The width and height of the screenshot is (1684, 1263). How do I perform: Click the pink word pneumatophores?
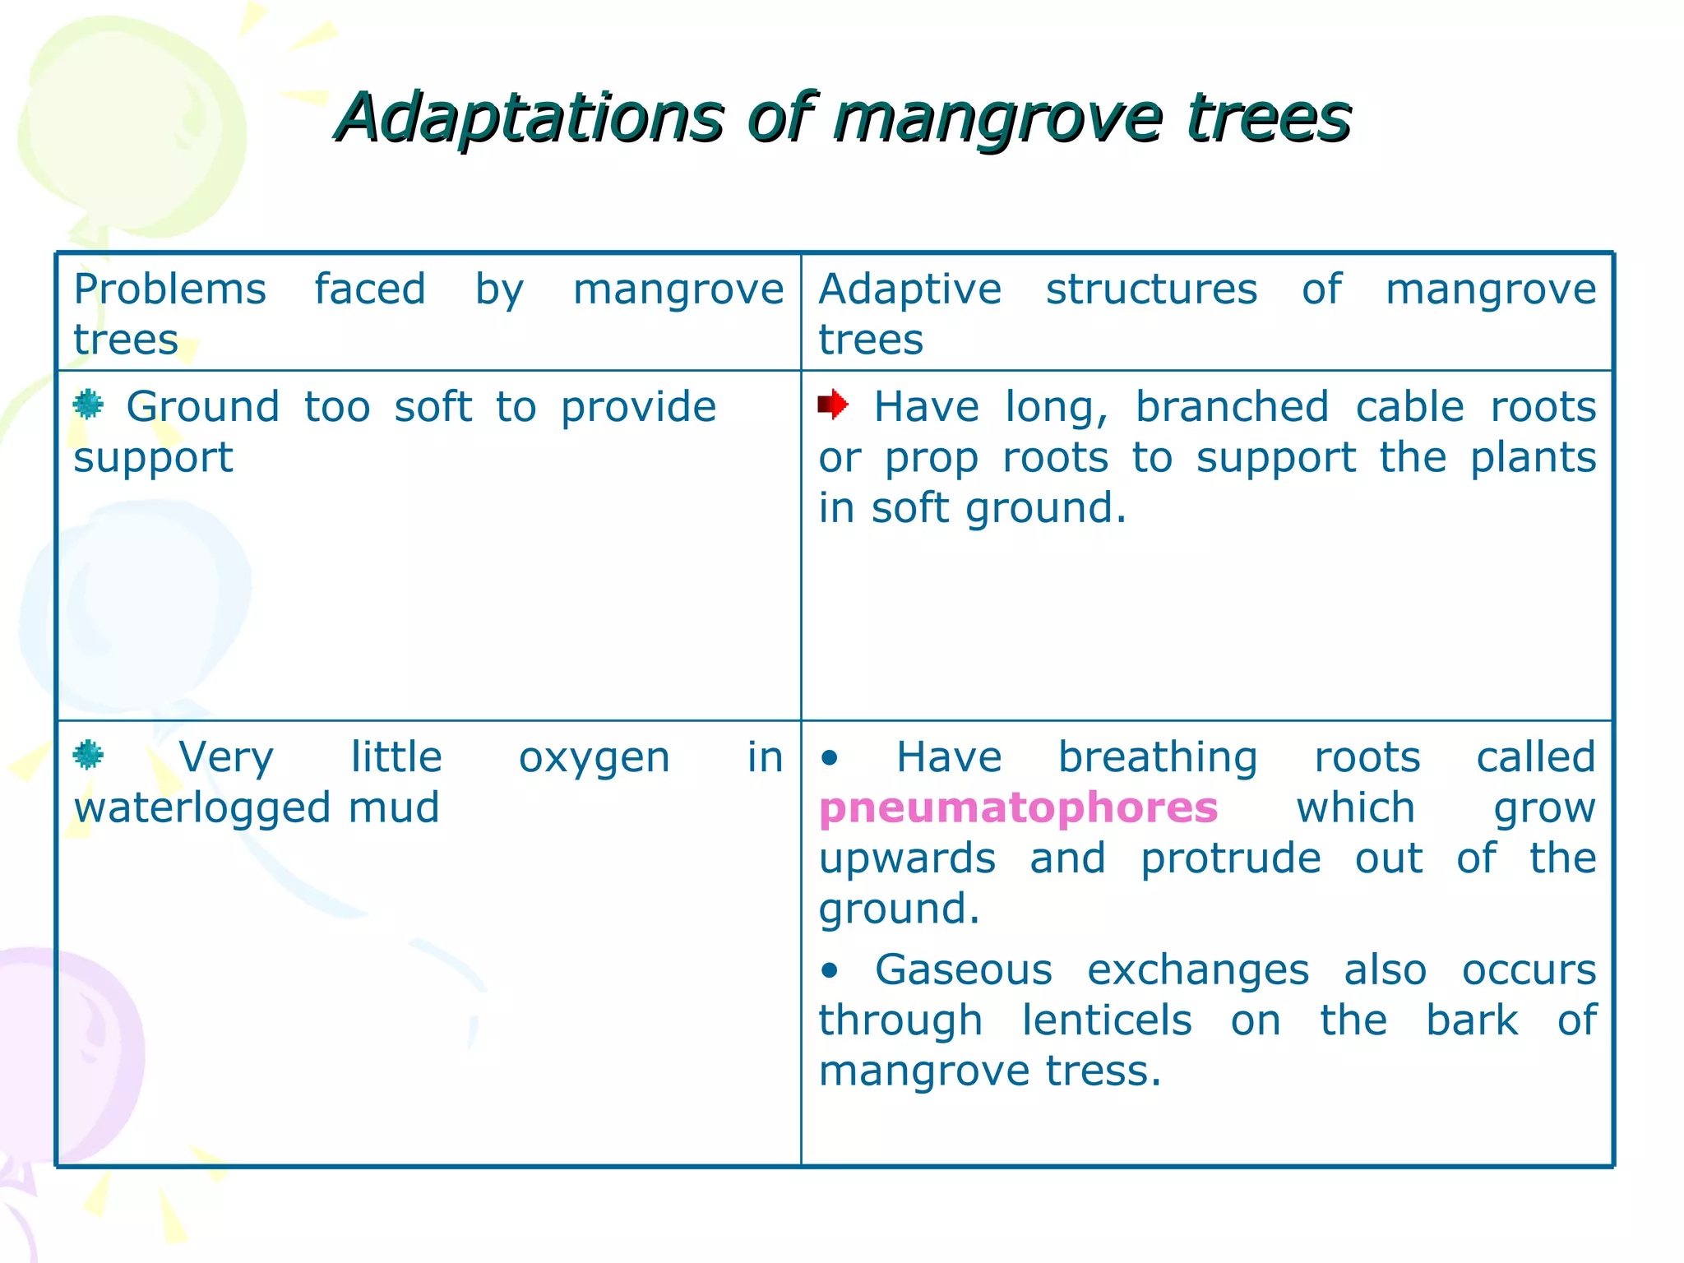tap(1018, 808)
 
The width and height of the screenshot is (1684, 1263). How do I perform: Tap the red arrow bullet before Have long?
tap(832, 405)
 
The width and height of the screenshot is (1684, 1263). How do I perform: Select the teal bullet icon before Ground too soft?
tap(88, 405)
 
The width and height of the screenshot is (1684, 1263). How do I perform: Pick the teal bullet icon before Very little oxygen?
tap(88, 755)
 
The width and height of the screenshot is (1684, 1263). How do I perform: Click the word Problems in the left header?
tap(169, 290)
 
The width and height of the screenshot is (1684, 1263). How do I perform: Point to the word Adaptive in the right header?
tap(909, 290)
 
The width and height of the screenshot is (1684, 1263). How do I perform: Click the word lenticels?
tap(1106, 1021)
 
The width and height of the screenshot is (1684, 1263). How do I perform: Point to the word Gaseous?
tap(963, 970)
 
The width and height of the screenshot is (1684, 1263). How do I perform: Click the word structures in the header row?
tap(1151, 290)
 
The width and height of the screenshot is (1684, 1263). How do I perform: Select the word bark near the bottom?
tap(1471, 1021)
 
